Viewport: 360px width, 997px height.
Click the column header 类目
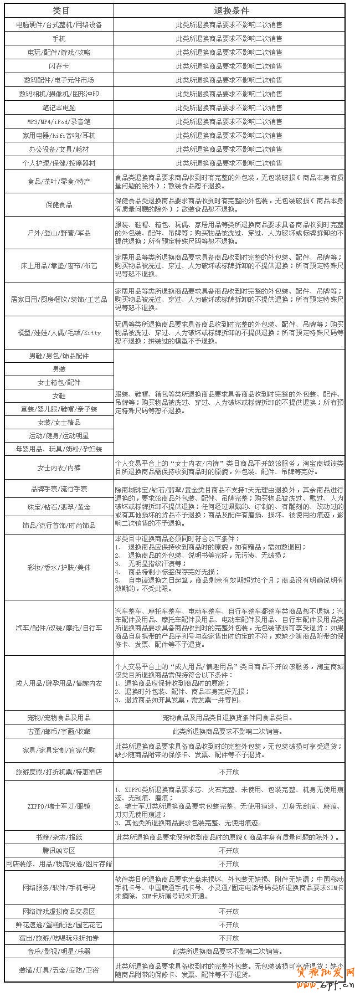pyautogui.click(x=59, y=11)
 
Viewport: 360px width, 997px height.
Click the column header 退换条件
pyautogui.click(x=229, y=11)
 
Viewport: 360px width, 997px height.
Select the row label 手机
pyautogui.click(x=59, y=39)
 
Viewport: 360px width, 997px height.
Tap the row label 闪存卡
pyautogui.click(x=59, y=66)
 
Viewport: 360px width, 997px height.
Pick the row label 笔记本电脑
pyautogui.click(x=59, y=108)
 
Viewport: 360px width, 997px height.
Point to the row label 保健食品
pyautogui.click(x=59, y=205)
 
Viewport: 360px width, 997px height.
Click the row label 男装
pyautogui.click(x=59, y=369)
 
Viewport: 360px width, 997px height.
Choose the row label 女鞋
pyautogui.click(x=59, y=396)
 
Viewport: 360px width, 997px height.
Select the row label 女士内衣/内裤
pyautogui.click(x=59, y=468)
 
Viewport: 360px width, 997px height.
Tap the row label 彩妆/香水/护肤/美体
pyautogui.click(x=59, y=568)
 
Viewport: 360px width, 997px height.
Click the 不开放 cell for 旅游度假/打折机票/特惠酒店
pyautogui.click(x=229, y=772)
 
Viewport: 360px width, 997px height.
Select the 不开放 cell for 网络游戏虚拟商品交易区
pyautogui.click(x=229, y=911)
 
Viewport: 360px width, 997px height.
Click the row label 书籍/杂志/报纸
pyautogui.click(x=59, y=837)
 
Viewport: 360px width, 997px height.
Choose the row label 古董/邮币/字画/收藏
pyautogui.click(x=59, y=731)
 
